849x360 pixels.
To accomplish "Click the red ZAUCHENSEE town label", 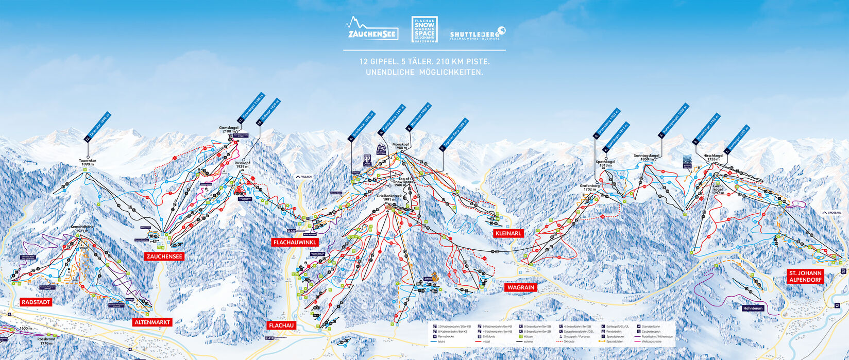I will coord(165,256).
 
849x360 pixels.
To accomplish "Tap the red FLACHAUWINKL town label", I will coord(295,242).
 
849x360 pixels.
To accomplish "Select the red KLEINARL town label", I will coord(508,233).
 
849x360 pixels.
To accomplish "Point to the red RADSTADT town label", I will coord(36,302).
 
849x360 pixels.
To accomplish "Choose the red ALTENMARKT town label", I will coord(151,322).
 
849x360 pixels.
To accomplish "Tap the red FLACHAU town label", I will coord(281,325).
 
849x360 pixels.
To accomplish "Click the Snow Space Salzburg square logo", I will coord(424,30).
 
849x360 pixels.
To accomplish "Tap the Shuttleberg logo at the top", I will coord(478,32).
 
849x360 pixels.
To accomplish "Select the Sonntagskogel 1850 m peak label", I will coord(647,157).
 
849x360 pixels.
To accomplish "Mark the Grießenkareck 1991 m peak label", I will coord(389,198).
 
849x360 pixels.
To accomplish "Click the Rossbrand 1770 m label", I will coord(45,341).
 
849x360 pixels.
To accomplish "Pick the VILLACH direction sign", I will coord(304,176).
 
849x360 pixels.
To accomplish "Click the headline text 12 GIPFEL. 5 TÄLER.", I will coord(424,61).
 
